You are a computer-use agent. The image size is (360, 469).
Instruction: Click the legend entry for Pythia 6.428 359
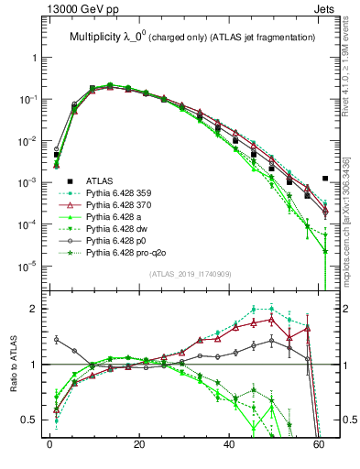[124, 193]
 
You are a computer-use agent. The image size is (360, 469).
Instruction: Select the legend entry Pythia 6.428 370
[124, 207]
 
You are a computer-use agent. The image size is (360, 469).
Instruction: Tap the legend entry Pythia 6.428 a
[119, 221]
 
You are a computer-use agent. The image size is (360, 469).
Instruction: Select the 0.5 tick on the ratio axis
[32, 420]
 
